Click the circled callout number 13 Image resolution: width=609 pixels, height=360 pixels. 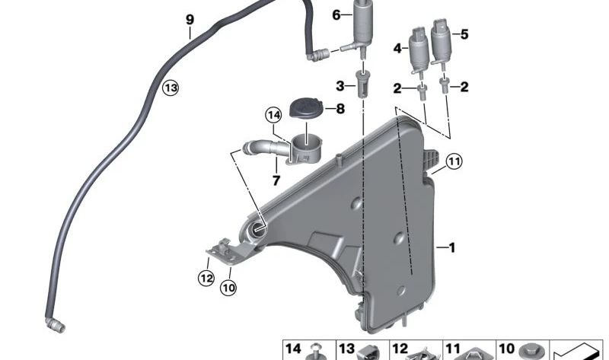coord(171,88)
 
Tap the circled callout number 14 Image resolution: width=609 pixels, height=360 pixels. coord(274,116)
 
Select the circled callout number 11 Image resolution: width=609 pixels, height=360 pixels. coord(454,161)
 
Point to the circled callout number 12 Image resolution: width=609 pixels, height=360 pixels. coord(206,278)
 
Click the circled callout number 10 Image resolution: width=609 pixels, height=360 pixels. coord(228,288)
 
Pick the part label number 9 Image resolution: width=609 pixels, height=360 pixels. coord(190,20)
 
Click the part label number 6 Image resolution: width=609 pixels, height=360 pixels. coord(336,15)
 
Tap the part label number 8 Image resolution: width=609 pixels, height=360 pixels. coord(340,109)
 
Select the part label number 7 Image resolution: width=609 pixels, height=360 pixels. coord(276,180)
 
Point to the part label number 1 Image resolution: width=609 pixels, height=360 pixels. coord(451,247)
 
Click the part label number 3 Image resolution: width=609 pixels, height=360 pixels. coord(340,86)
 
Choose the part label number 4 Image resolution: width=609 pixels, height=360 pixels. coord(397,49)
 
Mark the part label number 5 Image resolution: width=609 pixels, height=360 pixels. coord(464,34)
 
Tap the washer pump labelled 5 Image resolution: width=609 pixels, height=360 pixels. coord(440,43)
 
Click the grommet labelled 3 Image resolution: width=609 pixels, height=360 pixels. coord(363,84)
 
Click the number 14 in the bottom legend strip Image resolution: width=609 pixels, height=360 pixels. coord(293,349)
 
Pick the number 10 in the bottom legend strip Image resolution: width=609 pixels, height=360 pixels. coord(506,349)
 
